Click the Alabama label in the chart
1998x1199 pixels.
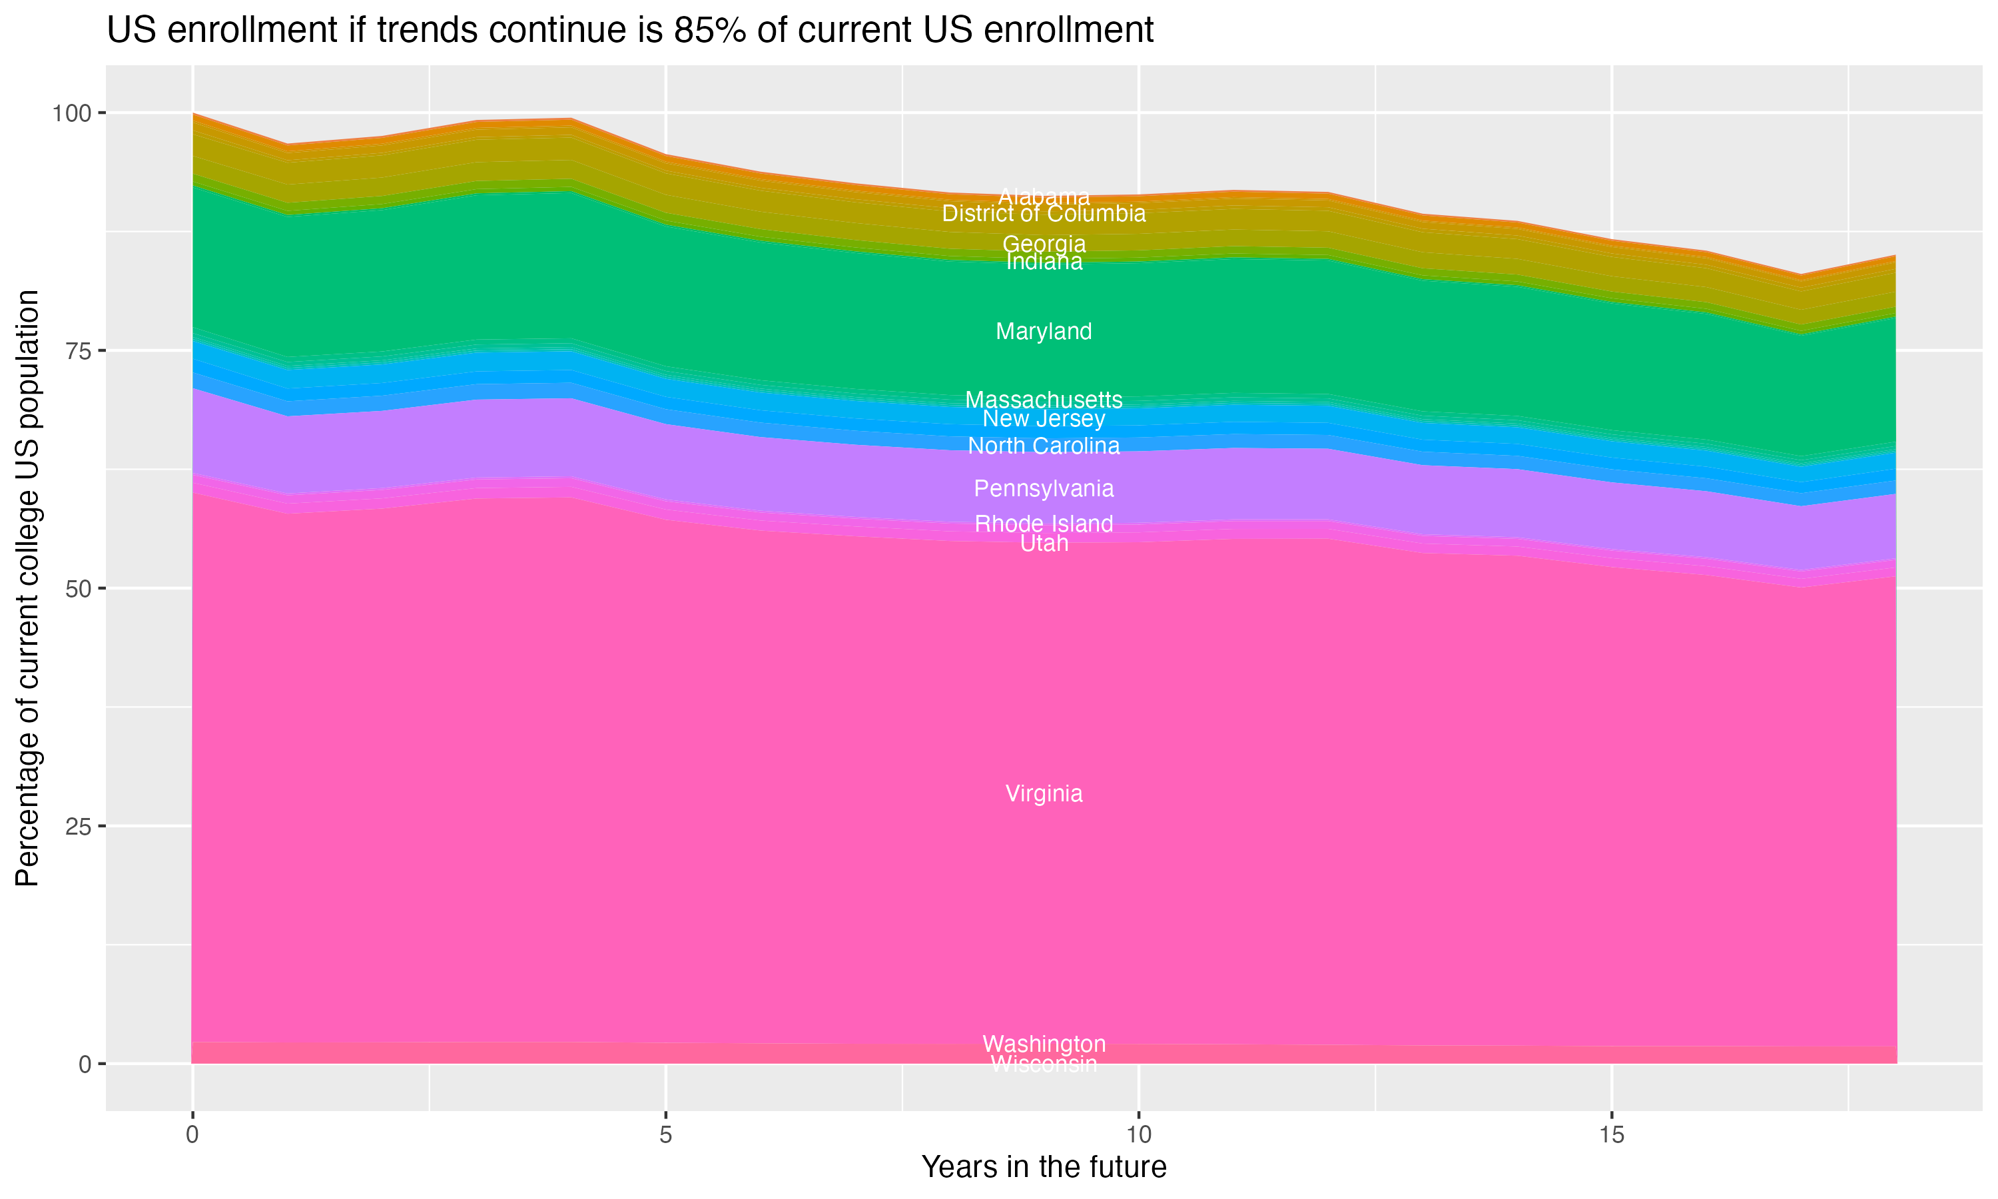(x=1044, y=197)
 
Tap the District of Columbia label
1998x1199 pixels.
(x=1044, y=214)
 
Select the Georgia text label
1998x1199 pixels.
(x=1044, y=244)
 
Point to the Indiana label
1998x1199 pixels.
(x=1044, y=262)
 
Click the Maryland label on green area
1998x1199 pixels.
(x=1044, y=331)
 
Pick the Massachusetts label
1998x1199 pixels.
(x=1044, y=400)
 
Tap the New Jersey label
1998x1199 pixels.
(x=1044, y=418)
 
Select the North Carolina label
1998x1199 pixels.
(x=1044, y=446)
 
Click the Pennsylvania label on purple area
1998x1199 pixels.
(x=1044, y=489)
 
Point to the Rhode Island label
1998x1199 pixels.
(x=1044, y=524)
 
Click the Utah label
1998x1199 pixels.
(x=1044, y=544)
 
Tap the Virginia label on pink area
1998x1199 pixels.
(x=1044, y=793)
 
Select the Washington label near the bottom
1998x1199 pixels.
(x=1044, y=1043)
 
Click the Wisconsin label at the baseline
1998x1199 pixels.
(x=1044, y=1064)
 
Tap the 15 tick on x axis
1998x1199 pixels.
(x=1611, y=1135)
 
